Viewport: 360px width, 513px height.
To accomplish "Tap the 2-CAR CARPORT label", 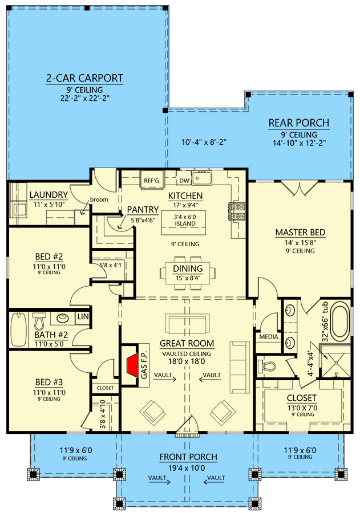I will click(84, 79).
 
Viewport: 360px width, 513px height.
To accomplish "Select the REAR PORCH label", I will click(299, 123).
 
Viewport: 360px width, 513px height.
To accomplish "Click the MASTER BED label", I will click(300, 233).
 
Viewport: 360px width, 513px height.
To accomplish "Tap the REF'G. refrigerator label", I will click(152, 181).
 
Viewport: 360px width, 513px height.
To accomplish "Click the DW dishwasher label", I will click(184, 181).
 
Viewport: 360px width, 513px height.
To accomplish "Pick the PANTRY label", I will click(139, 209).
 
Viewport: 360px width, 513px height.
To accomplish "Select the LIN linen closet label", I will click(83, 316).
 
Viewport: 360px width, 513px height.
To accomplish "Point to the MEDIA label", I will click(268, 337).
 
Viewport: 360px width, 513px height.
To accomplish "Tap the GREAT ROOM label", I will click(187, 343).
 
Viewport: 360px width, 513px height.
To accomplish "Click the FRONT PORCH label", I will click(188, 457).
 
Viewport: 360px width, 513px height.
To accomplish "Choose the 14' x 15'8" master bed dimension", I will click(300, 242).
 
